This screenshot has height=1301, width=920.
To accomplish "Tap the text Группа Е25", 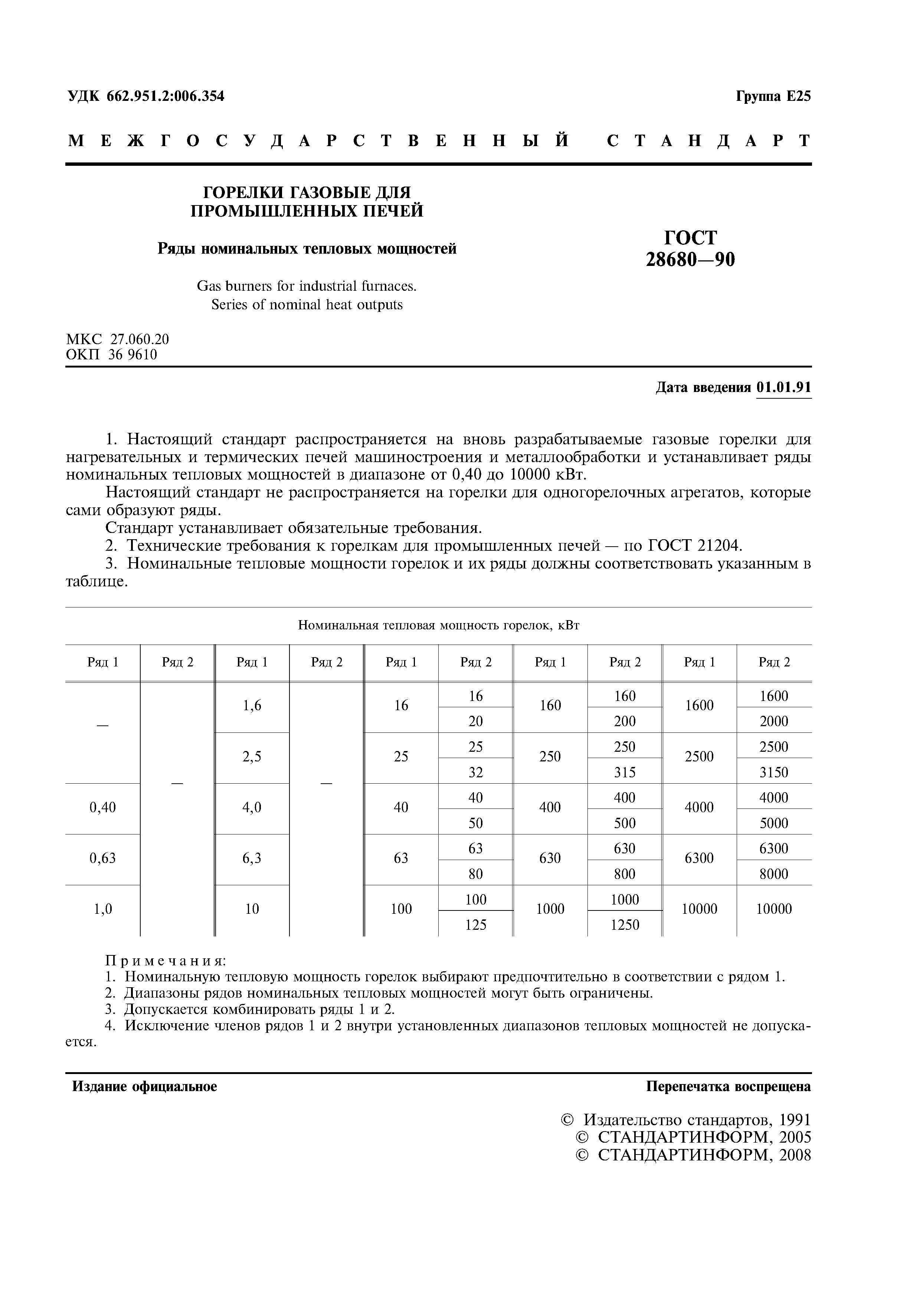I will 773,96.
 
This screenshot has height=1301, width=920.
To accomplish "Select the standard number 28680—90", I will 690,260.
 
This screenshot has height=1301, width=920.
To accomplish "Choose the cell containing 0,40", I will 102,807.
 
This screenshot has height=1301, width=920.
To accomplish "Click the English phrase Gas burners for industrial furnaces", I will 307,287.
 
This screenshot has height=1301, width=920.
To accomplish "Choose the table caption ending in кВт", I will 438,626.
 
